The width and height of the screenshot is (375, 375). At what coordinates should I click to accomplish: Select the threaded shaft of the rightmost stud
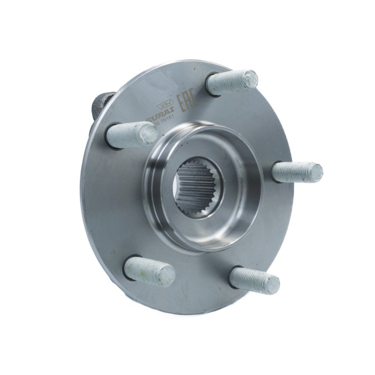pos(295,172)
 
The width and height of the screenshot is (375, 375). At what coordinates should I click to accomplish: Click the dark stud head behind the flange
pos(100,104)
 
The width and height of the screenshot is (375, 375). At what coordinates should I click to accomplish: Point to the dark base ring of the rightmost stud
pos(274,172)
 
